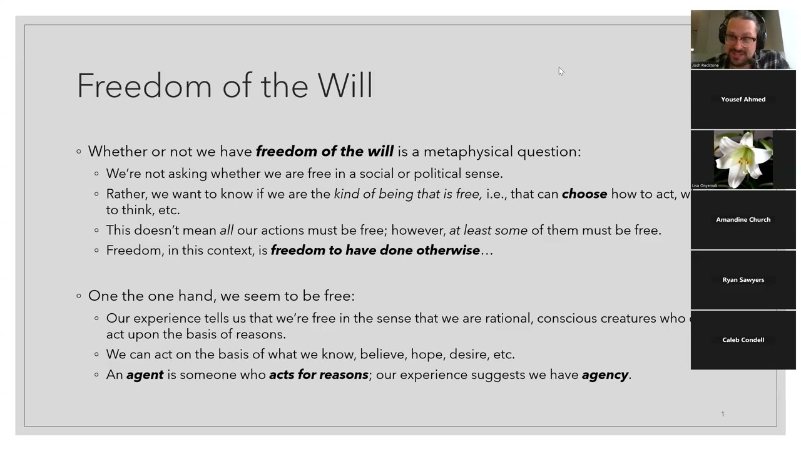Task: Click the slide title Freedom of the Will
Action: [x=225, y=86]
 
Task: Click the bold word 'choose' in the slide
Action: [x=584, y=194]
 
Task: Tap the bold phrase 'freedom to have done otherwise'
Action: [x=375, y=251]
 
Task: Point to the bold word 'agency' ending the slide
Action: [x=605, y=375]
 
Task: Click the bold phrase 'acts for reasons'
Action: [x=319, y=375]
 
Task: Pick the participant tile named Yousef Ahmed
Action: [x=743, y=100]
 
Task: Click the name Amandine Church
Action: [x=743, y=220]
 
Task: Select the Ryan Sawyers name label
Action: [x=743, y=280]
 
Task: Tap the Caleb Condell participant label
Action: [x=743, y=340]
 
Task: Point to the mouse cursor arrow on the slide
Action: [x=561, y=71]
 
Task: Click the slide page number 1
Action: [x=722, y=414]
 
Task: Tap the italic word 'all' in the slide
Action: [x=227, y=231]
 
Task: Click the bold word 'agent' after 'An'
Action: [x=145, y=375]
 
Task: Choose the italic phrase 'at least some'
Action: [x=488, y=231]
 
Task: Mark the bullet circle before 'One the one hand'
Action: [x=79, y=296]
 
